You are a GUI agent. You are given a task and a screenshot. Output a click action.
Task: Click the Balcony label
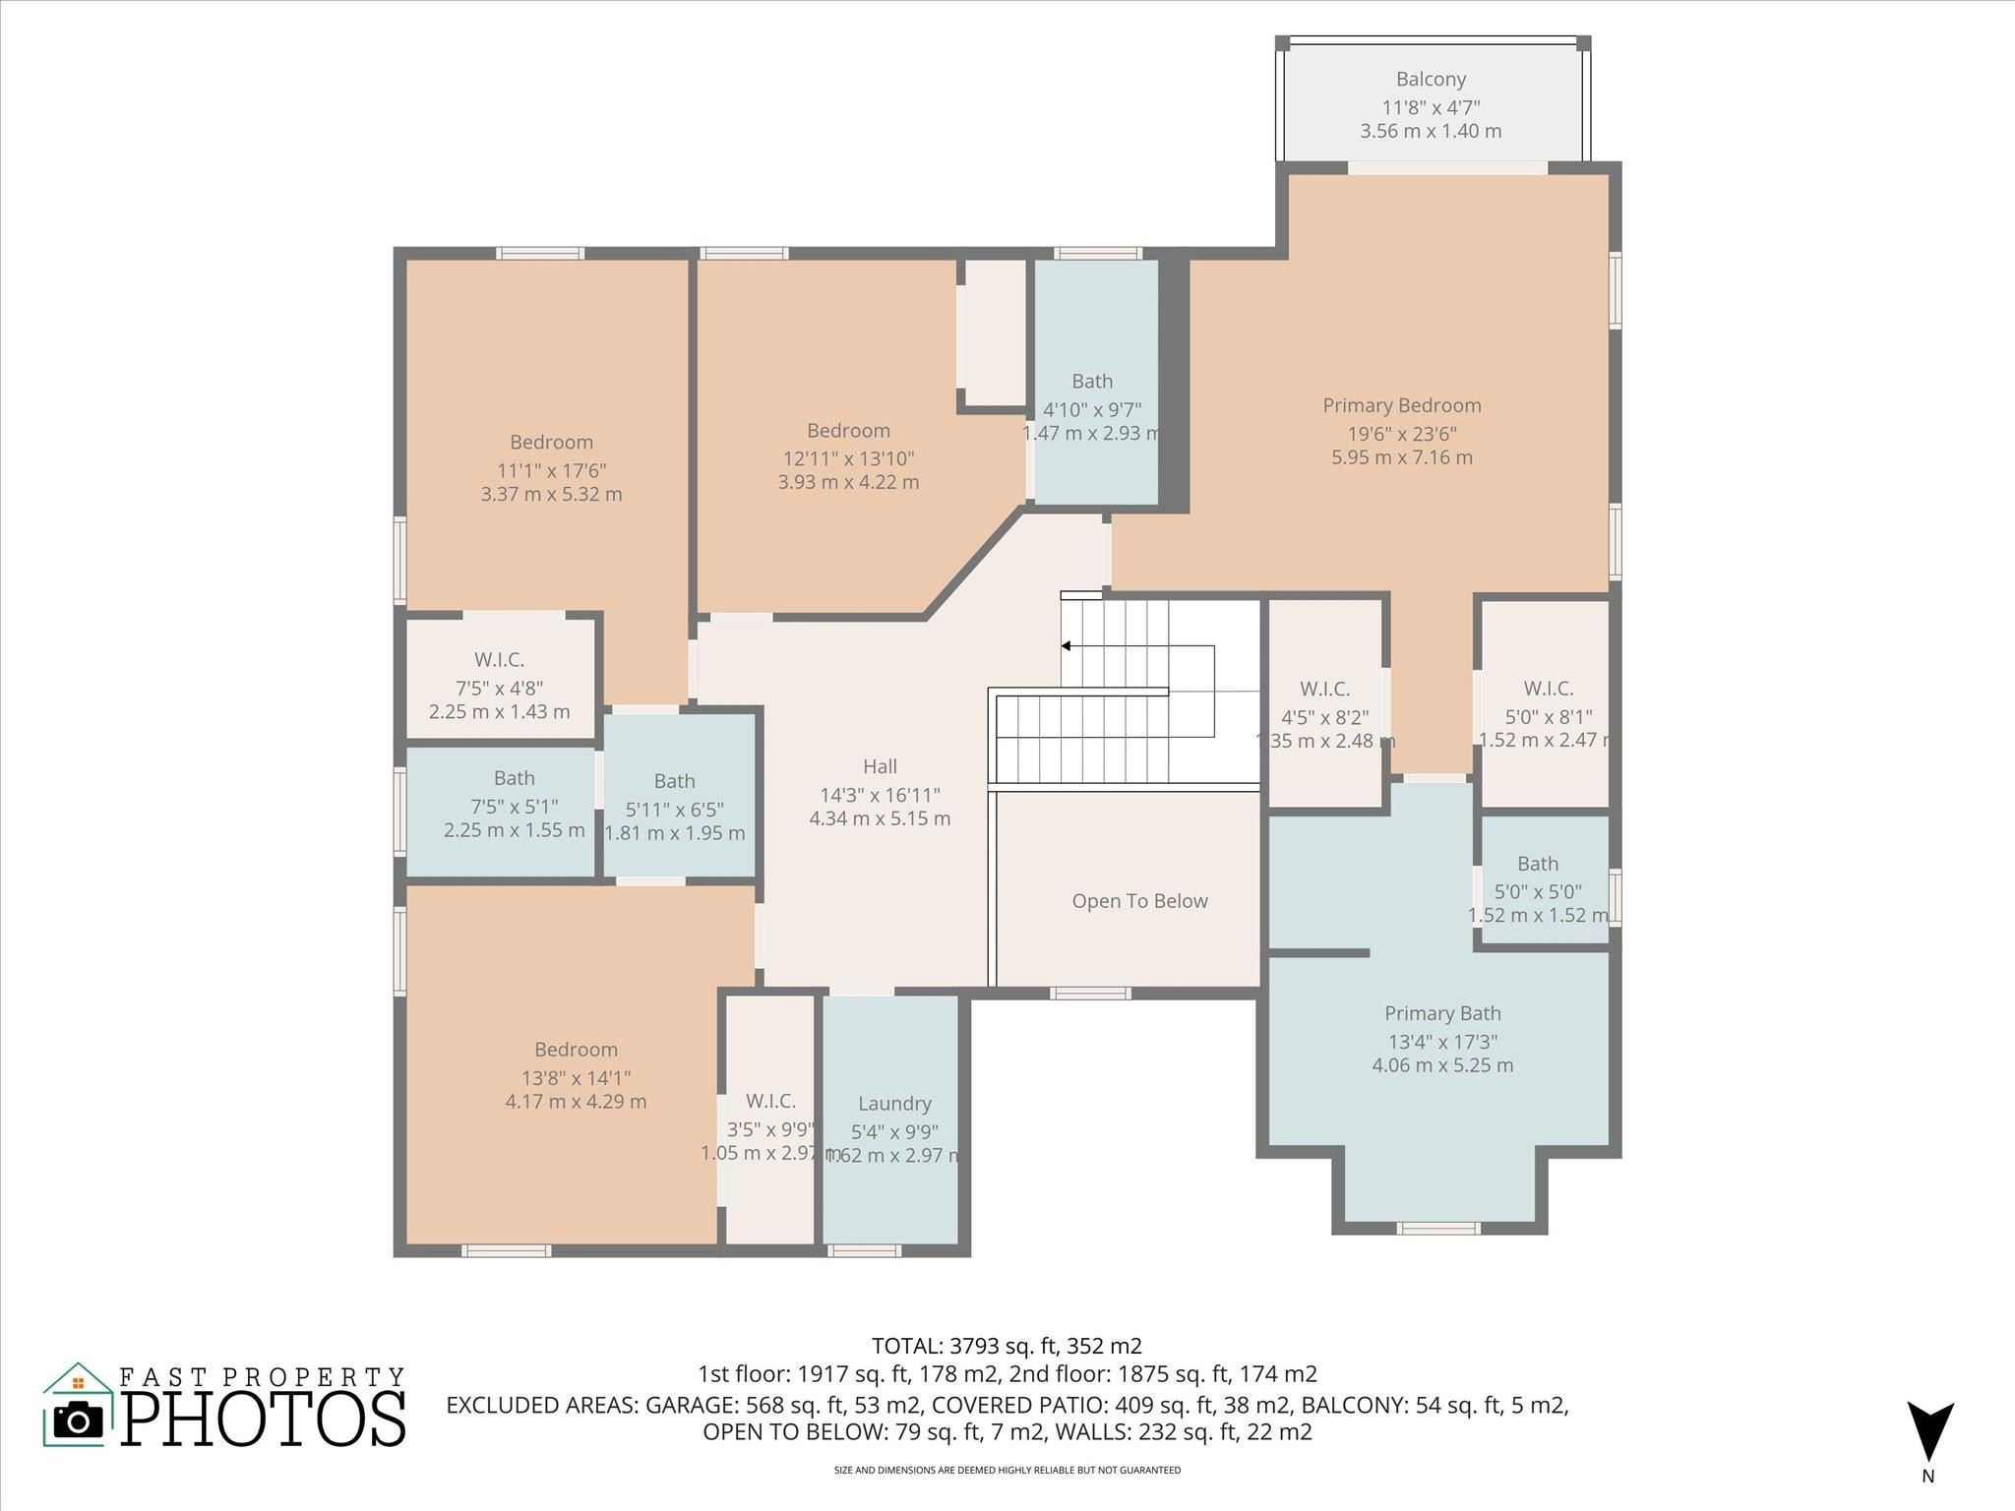point(1431,79)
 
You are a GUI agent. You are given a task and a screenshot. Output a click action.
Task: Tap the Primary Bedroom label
point(1401,405)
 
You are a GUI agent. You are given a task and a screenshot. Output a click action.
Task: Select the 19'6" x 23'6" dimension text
point(1401,434)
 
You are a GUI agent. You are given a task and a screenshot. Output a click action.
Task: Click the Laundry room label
point(893,1104)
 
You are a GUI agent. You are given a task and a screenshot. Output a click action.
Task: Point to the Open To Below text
point(1139,901)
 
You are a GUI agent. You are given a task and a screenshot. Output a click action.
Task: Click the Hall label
point(880,766)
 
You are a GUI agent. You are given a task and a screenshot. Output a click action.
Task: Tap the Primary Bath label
point(1442,1013)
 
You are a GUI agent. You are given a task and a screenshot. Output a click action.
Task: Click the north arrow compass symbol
point(1929,1432)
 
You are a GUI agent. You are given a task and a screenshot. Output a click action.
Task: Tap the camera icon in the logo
point(78,1420)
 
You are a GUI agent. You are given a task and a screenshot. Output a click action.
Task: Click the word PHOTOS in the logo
point(264,1420)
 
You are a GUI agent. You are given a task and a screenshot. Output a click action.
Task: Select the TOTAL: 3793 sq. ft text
point(1006,1346)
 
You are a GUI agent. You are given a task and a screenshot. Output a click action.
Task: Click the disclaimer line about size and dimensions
point(1007,1470)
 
